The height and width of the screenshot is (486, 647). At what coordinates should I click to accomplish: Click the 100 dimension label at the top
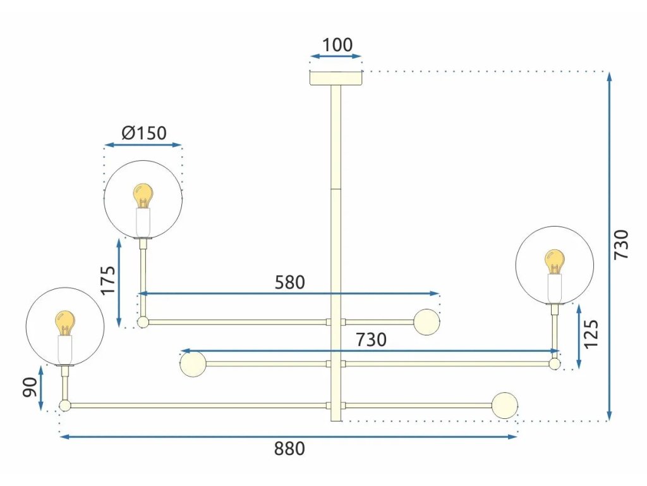337,46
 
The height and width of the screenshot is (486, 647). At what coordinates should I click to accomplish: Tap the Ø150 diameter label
143,133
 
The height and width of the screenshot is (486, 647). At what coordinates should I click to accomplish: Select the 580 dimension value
289,282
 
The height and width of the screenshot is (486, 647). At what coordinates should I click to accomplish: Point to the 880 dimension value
289,449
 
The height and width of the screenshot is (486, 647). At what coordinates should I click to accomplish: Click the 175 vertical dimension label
108,280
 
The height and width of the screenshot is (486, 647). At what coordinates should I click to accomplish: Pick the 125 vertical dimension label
591,334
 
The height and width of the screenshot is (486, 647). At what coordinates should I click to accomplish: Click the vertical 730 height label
622,244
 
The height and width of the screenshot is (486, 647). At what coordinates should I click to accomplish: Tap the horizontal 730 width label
371,340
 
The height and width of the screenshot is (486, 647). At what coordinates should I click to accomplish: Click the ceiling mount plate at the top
336,78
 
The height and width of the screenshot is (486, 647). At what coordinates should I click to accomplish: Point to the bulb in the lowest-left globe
64,323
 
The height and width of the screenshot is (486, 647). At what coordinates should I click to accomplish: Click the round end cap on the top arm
426,322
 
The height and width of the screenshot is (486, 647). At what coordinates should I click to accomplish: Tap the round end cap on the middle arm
192,364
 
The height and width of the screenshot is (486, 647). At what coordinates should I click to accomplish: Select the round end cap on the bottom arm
505,406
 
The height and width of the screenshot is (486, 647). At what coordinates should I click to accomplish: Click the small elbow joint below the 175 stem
143,322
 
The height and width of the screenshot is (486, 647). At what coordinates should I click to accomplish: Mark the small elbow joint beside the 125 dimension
555,364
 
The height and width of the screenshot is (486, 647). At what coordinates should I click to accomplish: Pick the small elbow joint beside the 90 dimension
64,406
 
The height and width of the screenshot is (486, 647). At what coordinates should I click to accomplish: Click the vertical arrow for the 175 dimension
119,282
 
